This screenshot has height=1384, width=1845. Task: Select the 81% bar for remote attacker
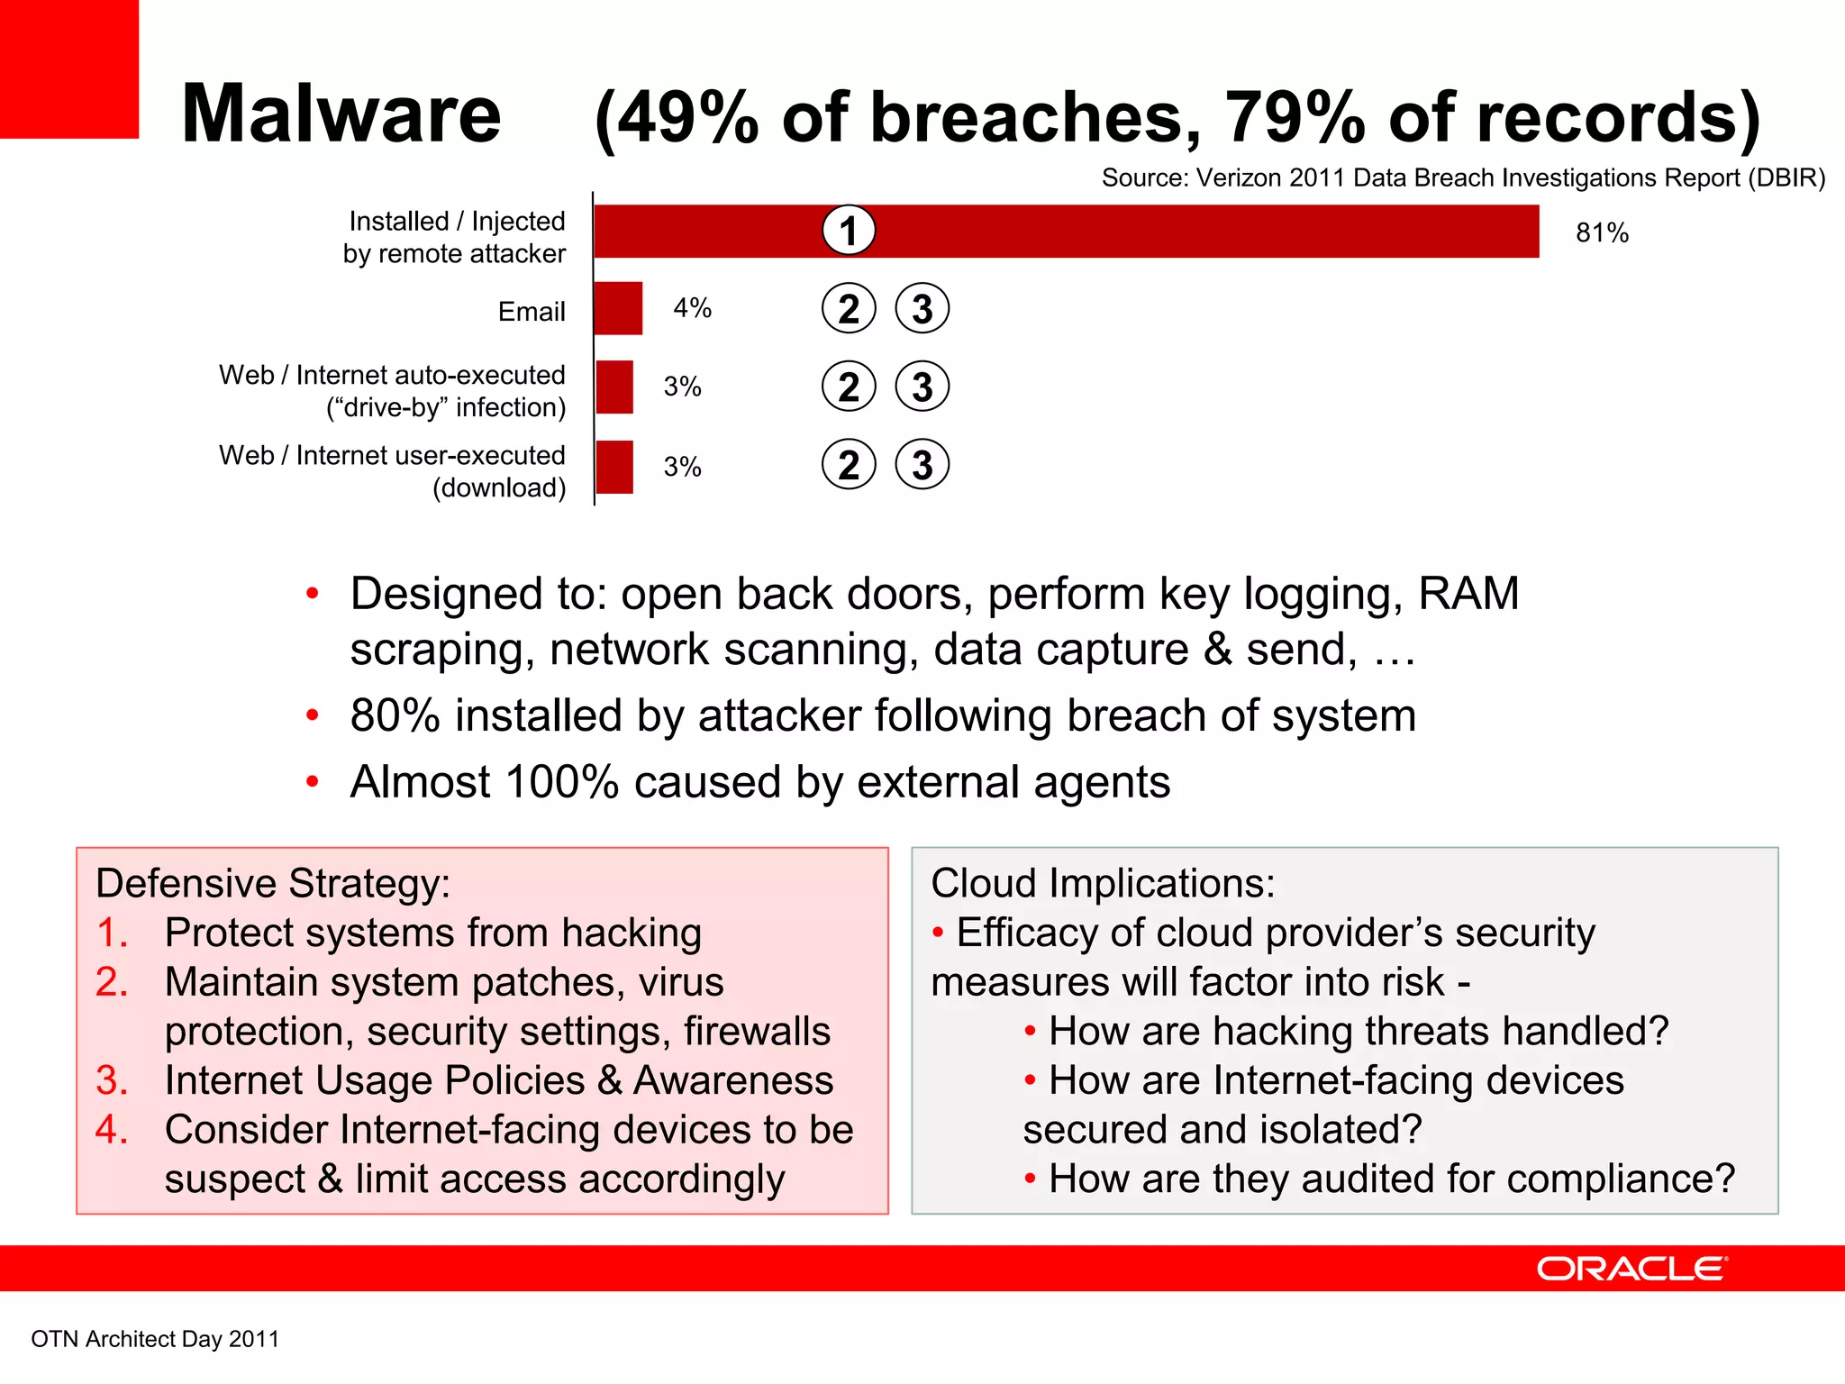pyautogui.click(x=1171, y=232)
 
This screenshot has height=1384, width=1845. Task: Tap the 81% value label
pyautogui.click(x=1602, y=233)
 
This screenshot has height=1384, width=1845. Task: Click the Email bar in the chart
pyautogui.click(x=619, y=308)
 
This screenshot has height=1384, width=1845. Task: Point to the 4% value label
pyautogui.click(x=692, y=308)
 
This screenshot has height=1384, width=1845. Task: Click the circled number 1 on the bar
pyautogui.click(x=849, y=231)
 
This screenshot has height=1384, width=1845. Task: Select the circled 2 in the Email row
pyautogui.click(x=849, y=309)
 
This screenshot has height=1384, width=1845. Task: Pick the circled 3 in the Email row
pyautogui.click(x=922, y=309)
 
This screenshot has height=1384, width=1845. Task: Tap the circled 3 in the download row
pyautogui.click(x=922, y=465)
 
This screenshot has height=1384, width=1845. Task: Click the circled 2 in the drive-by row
pyautogui.click(x=849, y=387)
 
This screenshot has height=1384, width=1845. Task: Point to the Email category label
pyautogui.click(x=532, y=312)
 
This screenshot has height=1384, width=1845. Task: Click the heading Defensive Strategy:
pyautogui.click(x=273, y=883)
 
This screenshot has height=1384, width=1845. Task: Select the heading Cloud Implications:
pyautogui.click(x=1103, y=883)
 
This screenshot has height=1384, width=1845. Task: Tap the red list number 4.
pyautogui.click(x=111, y=1130)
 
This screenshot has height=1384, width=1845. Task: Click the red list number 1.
pyautogui.click(x=111, y=933)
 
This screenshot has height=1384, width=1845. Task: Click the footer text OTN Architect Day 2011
pyautogui.click(x=155, y=1339)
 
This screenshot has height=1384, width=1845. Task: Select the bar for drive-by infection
pyautogui.click(x=615, y=387)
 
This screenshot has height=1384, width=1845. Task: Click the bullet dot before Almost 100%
pyautogui.click(x=313, y=782)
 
